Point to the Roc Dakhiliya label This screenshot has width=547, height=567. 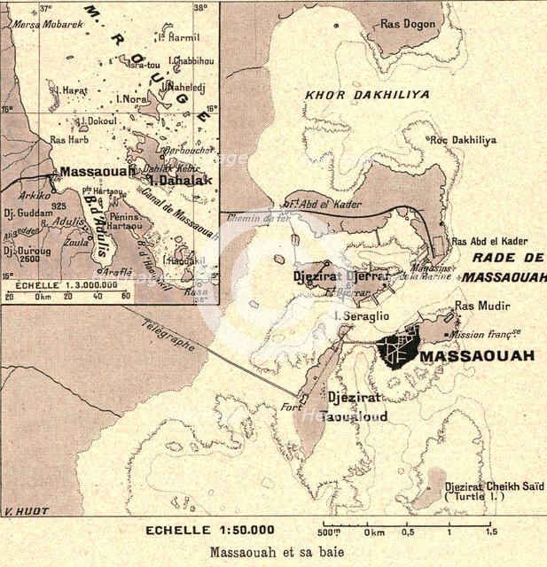[x=463, y=140]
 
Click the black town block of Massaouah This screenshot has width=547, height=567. [x=395, y=348]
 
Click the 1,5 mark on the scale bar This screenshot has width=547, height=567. [x=488, y=533]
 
